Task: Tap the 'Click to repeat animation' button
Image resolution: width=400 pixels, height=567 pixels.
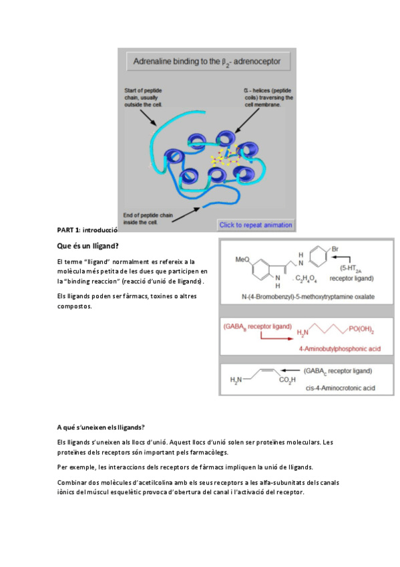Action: click(255, 225)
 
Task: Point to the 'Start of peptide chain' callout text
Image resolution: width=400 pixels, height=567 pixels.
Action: click(143, 97)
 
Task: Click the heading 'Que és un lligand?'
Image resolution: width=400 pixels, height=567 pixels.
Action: click(88, 245)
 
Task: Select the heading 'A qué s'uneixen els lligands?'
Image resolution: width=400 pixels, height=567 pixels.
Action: click(101, 427)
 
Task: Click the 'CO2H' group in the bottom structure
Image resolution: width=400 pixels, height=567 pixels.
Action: click(287, 381)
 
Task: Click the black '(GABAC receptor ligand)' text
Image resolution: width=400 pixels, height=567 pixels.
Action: click(337, 370)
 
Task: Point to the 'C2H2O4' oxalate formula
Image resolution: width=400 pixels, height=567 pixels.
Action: click(308, 279)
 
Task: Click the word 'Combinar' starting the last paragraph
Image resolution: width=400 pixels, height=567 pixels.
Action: click(71, 482)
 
